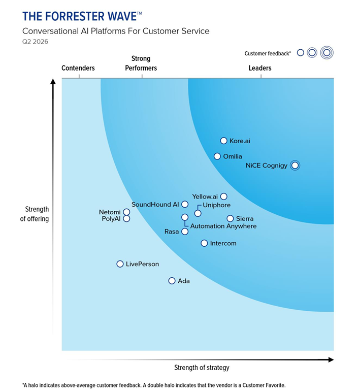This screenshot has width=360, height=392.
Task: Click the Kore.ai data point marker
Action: point(223,141)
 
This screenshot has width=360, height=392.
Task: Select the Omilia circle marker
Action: point(217,156)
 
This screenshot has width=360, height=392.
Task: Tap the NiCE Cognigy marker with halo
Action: point(294,165)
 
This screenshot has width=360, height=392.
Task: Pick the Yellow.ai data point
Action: point(223,197)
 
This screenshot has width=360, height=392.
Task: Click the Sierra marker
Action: point(230,219)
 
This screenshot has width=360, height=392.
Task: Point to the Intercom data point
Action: point(204,243)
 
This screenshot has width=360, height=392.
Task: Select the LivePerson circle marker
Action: point(120,264)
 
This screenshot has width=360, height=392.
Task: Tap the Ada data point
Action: point(172,281)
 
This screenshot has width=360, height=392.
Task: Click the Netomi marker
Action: point(126,212)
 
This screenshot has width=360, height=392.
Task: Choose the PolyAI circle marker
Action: point(126,219)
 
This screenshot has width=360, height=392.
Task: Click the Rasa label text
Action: point(172,232)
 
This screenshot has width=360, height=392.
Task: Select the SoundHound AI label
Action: point(155,205)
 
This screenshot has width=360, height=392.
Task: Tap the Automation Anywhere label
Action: point(223,226)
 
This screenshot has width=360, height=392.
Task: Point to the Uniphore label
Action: point(216,205)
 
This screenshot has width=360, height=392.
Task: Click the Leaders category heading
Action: point(260,68)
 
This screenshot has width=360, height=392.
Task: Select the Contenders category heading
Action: point(78,68)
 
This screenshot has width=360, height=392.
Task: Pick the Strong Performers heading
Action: point(141,63)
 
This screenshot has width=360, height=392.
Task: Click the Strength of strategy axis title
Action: point(201,368)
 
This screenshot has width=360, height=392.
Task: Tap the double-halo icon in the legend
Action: point(327,52)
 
